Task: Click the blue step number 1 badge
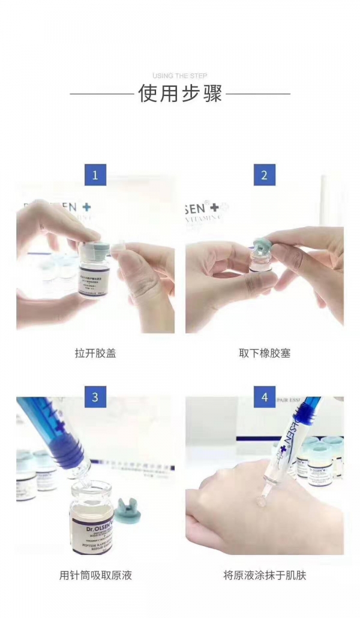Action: click(95, 175)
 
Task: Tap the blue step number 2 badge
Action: click(265, 175)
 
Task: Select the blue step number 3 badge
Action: click(95, 397)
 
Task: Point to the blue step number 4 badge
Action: click(265, 397)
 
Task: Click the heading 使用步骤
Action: click(180, 94)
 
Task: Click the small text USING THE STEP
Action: click(180, 76)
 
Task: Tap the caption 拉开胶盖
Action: click(95, 353)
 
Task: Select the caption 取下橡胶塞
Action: click(265, 353)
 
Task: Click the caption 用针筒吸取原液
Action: click(95, 575)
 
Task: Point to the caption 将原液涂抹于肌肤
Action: click(265, 575)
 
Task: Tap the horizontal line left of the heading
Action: click(101, 94)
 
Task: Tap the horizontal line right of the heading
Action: click(258, 94)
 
